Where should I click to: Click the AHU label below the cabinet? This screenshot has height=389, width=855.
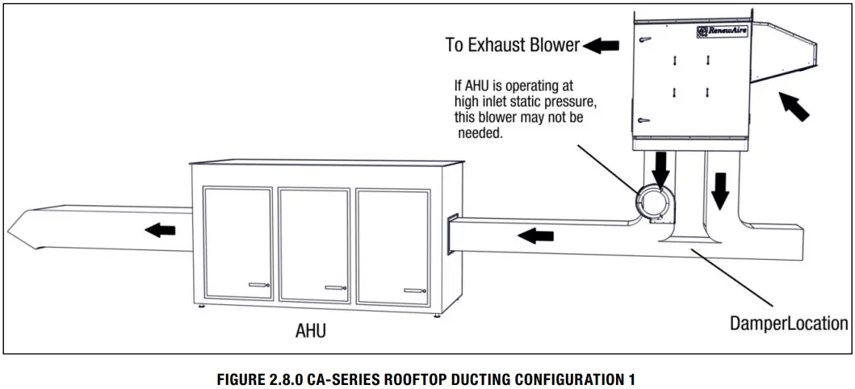click(x=310, y=331)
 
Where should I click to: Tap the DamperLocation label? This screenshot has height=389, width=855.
click(x=789, y=324)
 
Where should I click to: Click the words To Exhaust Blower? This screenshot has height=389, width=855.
click(x=512, y=44)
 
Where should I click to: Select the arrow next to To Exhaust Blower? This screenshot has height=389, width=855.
click(x=601, y=45)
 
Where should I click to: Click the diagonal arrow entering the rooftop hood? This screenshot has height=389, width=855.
click(x=794, y=107)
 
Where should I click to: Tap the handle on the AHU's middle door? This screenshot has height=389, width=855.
click(x=334, y=287)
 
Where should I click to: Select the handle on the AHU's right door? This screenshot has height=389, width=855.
click(x=414, y=289)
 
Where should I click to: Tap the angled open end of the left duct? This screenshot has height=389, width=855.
click(x=24, y=228)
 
